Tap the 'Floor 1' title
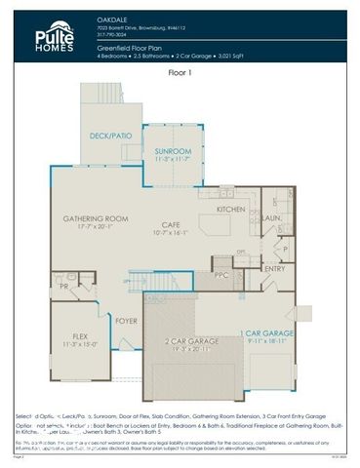coord(180,72)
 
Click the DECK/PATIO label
coord(110,136)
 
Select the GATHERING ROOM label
coord(96,218)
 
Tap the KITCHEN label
coord(231,210)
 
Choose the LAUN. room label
coord(272,218)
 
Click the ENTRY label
coord(275,269)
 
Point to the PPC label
coord(221,275)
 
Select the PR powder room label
coord(62,288)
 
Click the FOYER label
coord(127,320)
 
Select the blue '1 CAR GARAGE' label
coord(266,333)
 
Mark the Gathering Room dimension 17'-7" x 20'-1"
coord(96,227)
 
